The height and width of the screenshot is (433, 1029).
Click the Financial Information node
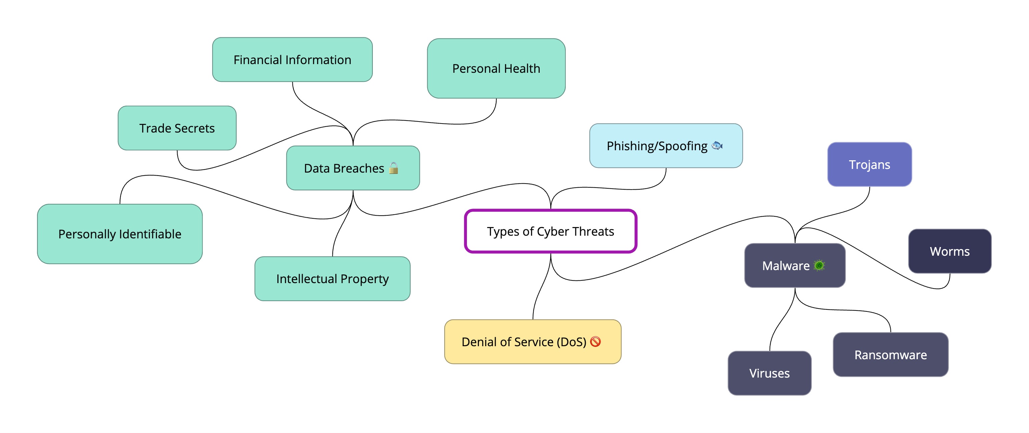[292, 60]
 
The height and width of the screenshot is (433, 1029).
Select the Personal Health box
[496, 69]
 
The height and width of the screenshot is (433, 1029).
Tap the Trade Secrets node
[177, 128]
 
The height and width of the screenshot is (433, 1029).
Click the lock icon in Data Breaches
[394, 168]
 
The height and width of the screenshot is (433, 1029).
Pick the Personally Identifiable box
[119, 234]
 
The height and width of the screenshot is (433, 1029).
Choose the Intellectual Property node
[332, 279]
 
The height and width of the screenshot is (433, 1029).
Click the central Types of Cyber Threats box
[550, 232]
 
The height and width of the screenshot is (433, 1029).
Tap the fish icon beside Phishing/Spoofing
[717, 146]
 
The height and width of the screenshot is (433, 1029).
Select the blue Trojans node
[869, 165]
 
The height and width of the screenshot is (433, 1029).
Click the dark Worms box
[950, 251]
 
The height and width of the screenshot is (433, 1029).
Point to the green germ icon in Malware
[819, 266]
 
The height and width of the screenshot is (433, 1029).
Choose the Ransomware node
[890, 355]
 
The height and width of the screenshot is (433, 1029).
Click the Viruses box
[769, 373]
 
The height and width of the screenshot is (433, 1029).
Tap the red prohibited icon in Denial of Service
[595, 342]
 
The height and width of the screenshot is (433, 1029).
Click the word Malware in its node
[785, 266]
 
